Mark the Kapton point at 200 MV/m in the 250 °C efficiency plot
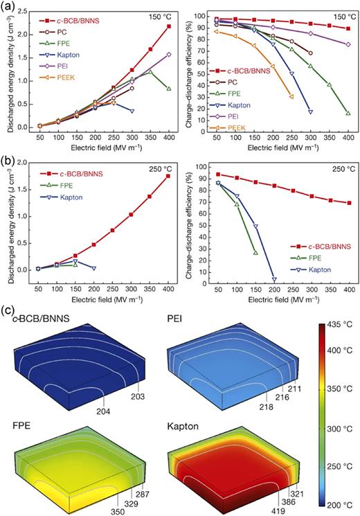[273, 280]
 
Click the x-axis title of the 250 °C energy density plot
[98, 302]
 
